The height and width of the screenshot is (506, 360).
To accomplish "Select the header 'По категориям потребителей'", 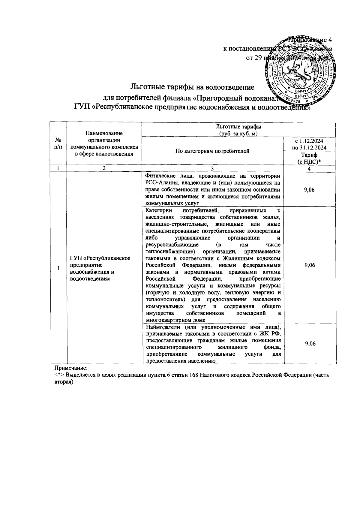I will [x=212, y=151].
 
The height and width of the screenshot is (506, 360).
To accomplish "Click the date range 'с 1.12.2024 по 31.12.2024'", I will [x=309, y=144].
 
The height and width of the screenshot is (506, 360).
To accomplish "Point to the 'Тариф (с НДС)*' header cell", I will [x=309, y=158].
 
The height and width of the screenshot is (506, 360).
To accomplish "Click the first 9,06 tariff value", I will [x=309, y=190].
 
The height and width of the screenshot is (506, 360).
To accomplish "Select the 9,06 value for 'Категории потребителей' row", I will [x=309, y=265].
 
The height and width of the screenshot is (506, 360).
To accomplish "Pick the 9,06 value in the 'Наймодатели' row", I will [x=309, y=344].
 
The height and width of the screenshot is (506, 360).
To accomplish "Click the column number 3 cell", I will [x=212, y=168].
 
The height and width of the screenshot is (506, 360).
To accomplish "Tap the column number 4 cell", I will [x=309, y=168].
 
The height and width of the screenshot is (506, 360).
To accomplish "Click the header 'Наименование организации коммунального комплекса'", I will [x=104, y=143].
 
